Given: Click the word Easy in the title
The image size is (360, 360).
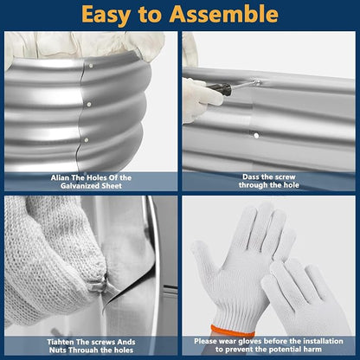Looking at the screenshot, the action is (106, 15).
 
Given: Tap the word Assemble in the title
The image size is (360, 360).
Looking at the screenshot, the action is (224, 14).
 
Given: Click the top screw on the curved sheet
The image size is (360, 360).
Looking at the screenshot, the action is (91, 66).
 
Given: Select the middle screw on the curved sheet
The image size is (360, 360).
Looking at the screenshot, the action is (89, 104).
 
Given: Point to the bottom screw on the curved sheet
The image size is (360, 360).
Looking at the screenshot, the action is (87, 140).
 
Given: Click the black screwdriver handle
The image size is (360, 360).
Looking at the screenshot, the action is (219, 87).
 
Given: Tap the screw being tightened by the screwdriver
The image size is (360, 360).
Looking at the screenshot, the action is (256, 83).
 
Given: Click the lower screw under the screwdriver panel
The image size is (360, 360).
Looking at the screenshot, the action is (256, 135).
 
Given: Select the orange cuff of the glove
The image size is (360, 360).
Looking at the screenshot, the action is (232, 331).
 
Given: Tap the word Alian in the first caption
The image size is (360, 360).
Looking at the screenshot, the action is (60, 177).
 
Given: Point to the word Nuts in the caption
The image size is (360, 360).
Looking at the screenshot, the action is (58, 350).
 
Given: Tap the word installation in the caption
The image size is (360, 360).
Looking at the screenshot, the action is (323, 341).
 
